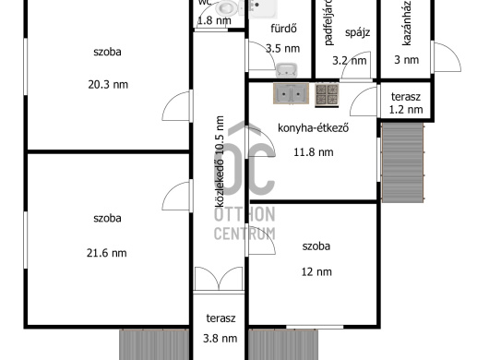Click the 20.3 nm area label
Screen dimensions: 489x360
[108, 85]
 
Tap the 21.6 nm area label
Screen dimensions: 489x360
[107, 253]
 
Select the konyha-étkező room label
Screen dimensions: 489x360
[313, 128]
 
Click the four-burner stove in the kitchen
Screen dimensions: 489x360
[327, 95]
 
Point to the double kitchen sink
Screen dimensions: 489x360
[291, 93]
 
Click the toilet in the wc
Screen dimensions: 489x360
[228, 7]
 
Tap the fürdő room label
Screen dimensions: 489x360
[283, 29]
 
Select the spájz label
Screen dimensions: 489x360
[357, 32]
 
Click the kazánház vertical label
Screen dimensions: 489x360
[406, 23]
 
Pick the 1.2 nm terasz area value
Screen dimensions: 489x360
[406, 110]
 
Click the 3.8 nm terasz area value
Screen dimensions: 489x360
[220, 339]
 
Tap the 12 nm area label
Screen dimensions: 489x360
[316, 272]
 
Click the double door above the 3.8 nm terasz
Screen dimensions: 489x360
[219, 279]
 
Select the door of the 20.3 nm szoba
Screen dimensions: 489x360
[177, 106]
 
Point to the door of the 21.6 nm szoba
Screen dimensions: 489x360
[177, 196]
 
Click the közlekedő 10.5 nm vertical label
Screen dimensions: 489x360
[220, 162]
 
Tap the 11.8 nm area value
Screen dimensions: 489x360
[314, 152]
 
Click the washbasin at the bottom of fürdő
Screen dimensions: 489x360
[286, 70]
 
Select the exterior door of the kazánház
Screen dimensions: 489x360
[446, 57]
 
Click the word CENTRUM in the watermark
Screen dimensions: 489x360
[244, 234]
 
